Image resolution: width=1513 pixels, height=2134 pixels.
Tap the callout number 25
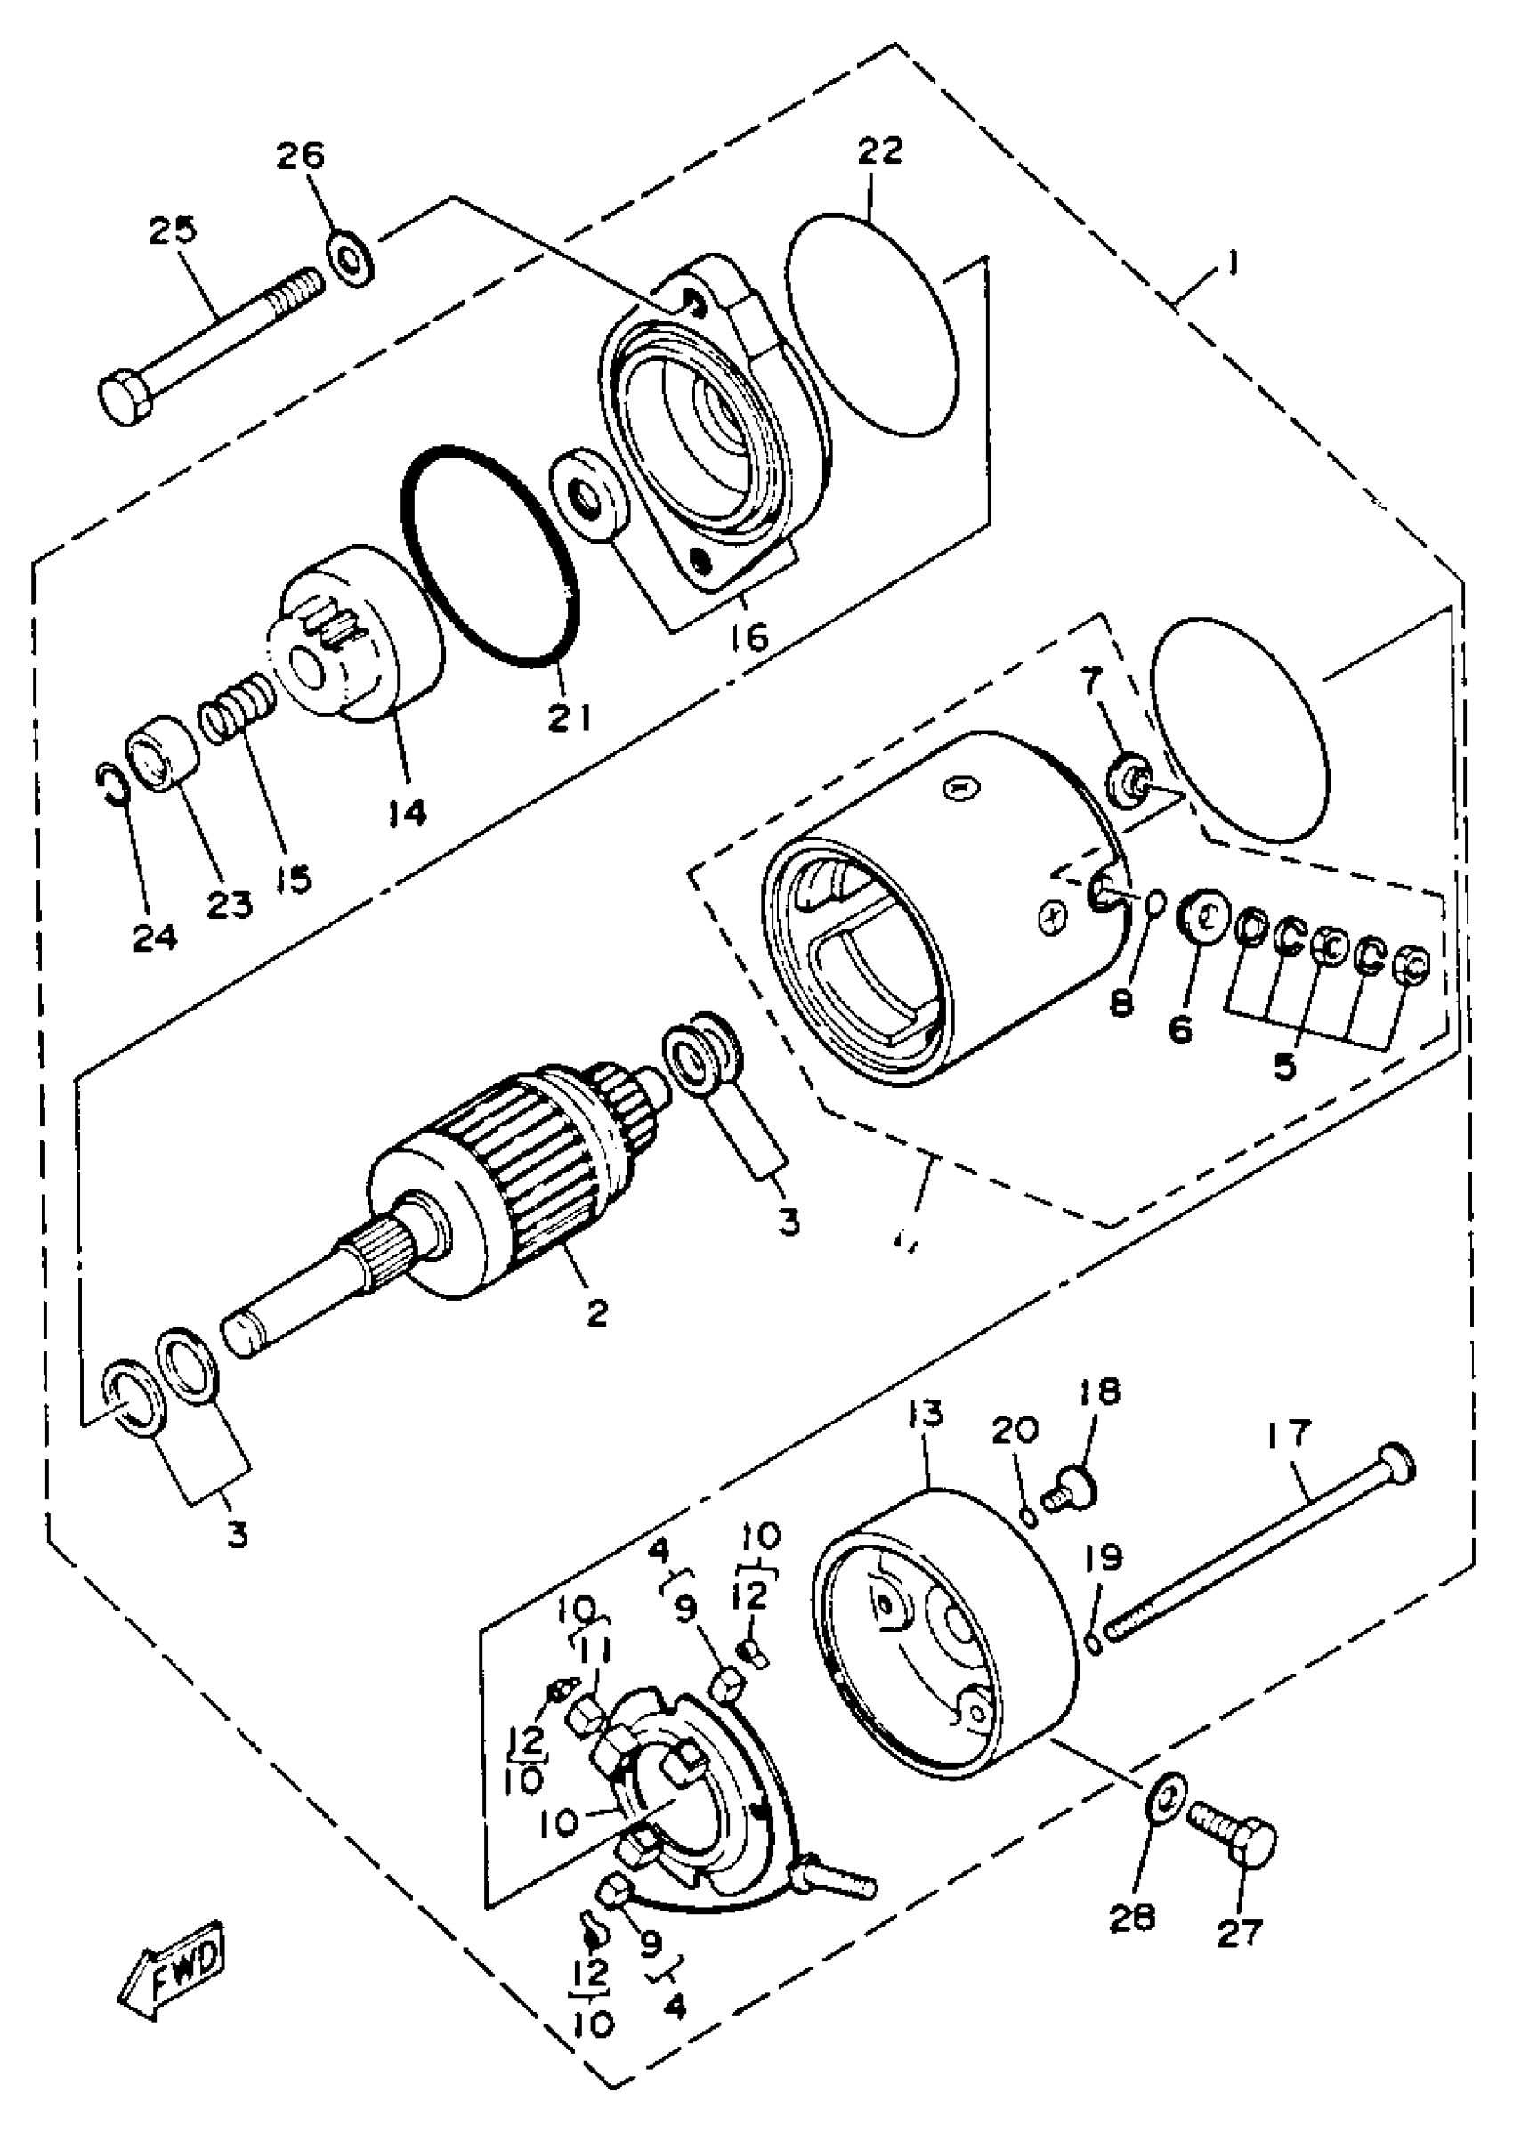pyautogui.click(x=174, y=231)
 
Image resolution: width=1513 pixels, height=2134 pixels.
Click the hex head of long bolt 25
pyautogui.click(x=125, y=398)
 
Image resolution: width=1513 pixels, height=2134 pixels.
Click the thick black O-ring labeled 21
pyautogui.click(x=490, y=556)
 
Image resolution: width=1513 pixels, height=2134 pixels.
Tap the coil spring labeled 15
pyautogui.click(x=238, y=710)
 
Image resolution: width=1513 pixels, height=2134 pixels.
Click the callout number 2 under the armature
pyautogui.click(x=597, y=1313)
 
